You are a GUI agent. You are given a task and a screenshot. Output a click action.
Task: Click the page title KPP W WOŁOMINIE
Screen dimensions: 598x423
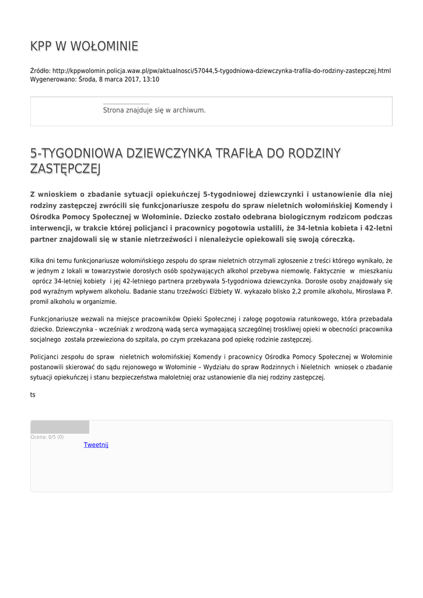tap(84, 46)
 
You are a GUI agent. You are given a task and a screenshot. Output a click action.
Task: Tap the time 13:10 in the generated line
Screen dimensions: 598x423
tap(151, 79)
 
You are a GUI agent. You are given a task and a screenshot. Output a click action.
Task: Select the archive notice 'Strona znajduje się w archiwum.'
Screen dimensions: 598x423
tap(154, 110)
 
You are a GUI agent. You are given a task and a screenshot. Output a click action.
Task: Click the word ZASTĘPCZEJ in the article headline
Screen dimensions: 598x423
tap(65, 169)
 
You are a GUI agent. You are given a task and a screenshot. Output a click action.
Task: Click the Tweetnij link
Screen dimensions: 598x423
tap(96, 444)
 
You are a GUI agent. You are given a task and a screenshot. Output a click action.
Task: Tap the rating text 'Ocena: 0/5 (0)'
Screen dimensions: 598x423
tap(47, 437)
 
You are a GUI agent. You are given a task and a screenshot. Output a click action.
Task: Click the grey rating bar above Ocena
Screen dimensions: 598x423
tap(60, 427)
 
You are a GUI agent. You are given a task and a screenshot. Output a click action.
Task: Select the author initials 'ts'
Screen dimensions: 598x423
tap(33, 395)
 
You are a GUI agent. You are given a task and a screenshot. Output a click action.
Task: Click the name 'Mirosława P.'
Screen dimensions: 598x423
tap(374, 291)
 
